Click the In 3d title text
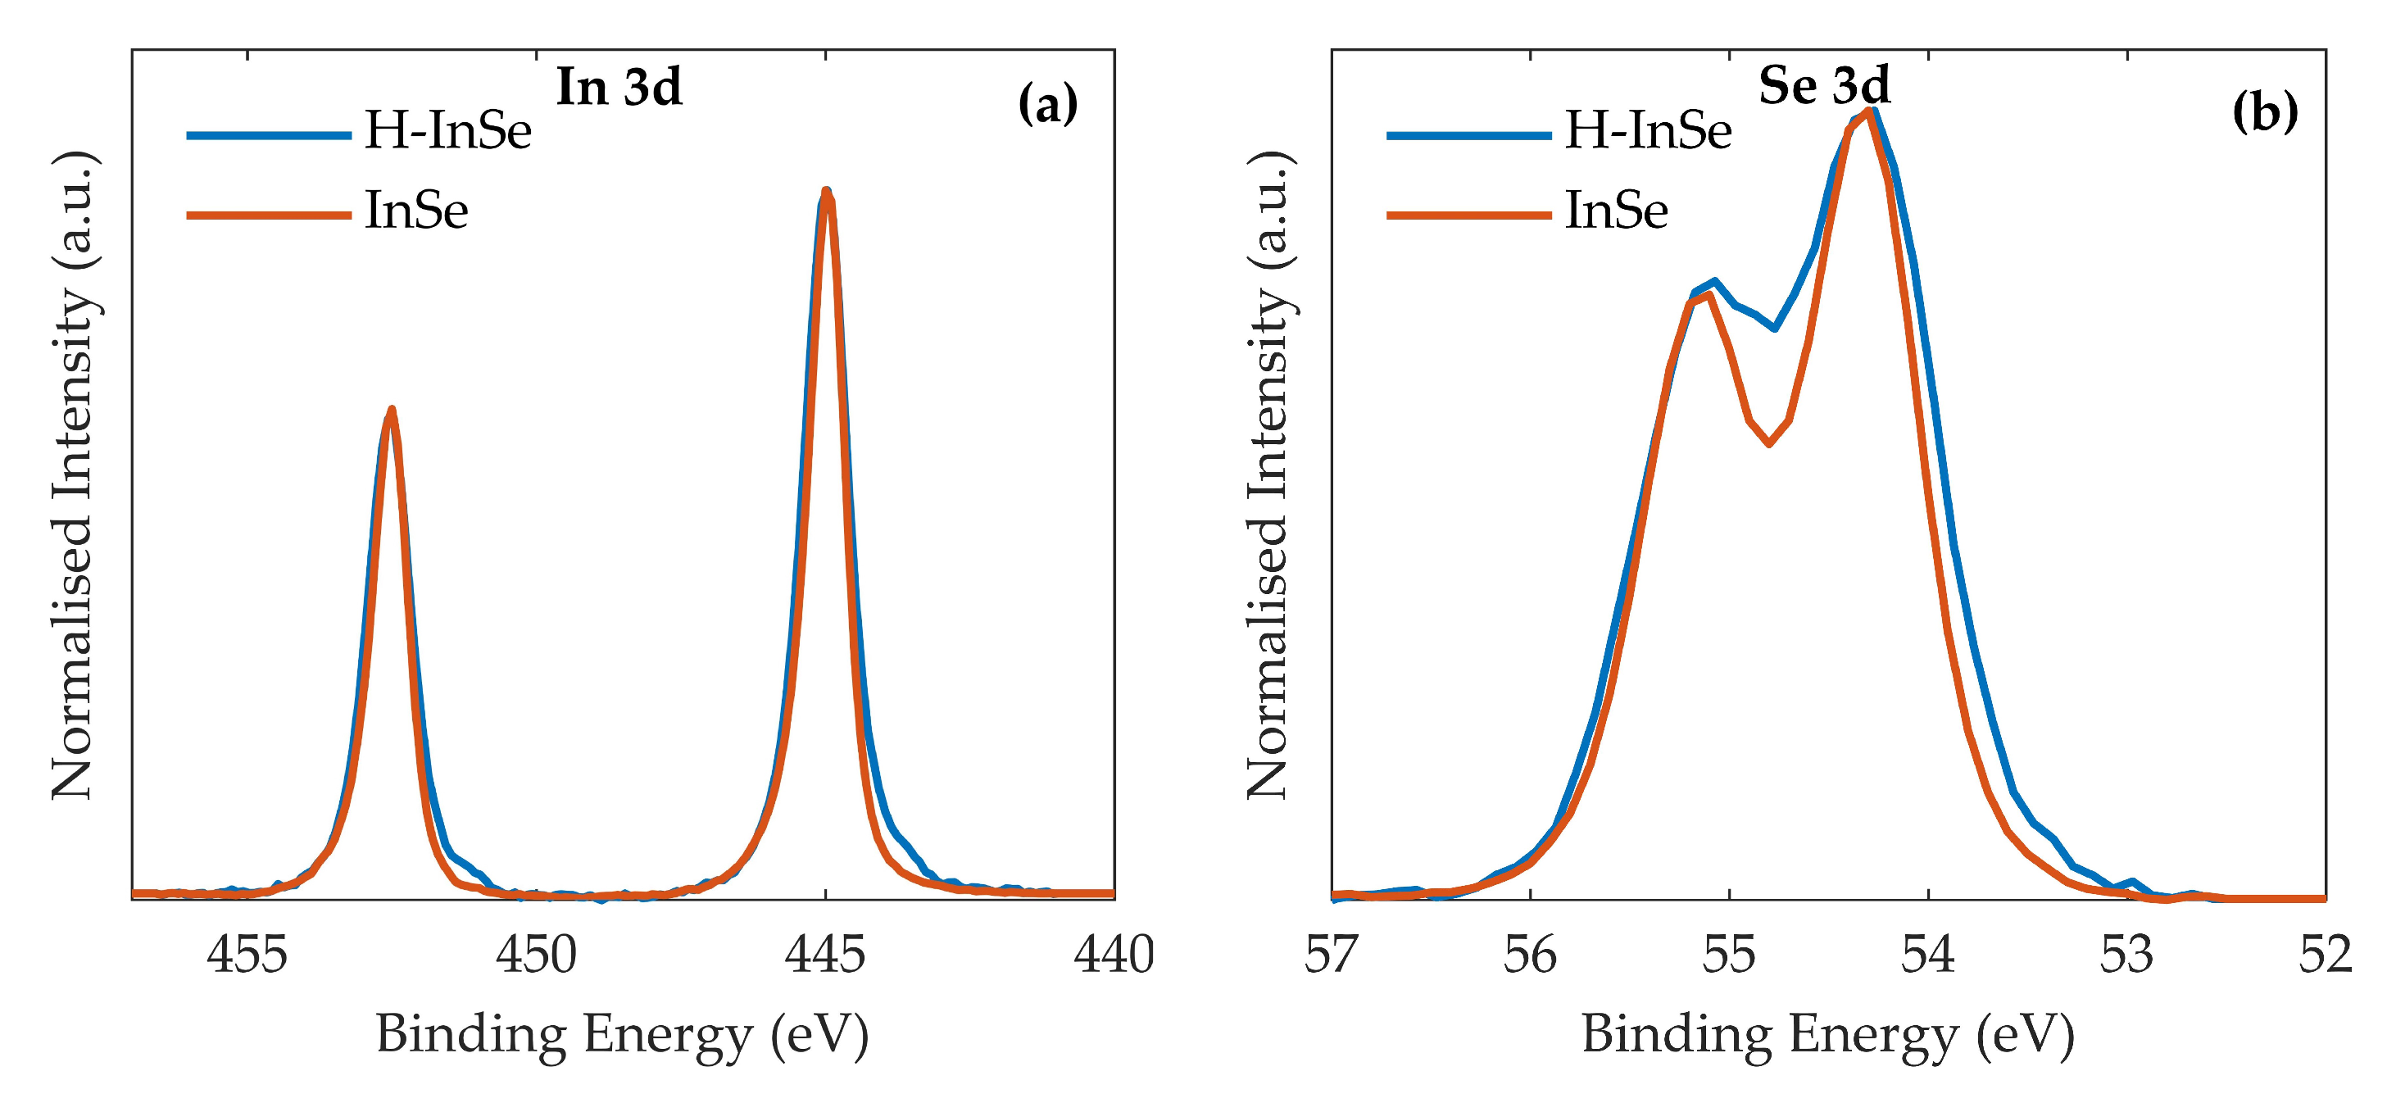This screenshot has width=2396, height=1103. [619, 88]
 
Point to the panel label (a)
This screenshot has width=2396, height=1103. [1047, 104]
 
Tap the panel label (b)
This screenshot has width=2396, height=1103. [2264, 111]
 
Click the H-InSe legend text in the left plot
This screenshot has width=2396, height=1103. [447, 130]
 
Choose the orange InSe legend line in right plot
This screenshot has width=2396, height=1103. [1468, 215]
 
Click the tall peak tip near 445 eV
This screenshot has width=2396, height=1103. [826, 191]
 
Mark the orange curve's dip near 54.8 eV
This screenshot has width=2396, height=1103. [1768, 443]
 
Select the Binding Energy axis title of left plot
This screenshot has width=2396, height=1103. [622, 1035]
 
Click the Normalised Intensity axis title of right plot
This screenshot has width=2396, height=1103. [1268, 474]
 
